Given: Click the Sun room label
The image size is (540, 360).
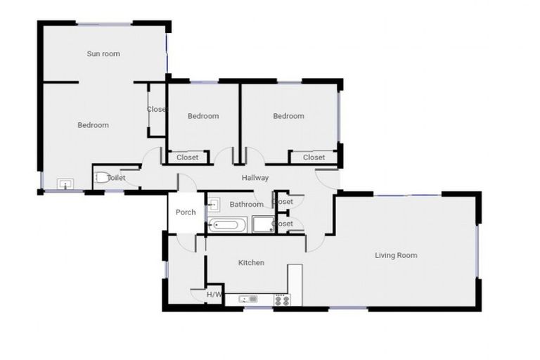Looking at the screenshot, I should [x=103, y=53].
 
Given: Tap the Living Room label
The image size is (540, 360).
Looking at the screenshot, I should [x=396, y=255].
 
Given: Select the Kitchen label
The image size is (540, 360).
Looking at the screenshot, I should [x=251, y=263].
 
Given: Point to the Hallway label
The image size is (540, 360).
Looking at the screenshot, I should [x=255, y=178].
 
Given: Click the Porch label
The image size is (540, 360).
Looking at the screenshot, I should [x=186, y=212].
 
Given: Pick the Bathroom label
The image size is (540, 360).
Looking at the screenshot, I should [x=247, y=205].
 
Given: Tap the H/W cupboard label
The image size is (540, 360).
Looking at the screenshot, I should [x=214, y=294].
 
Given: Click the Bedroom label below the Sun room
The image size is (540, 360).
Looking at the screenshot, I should [x=93, y=125].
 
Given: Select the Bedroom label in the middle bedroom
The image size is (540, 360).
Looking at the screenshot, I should [x=203, y=116].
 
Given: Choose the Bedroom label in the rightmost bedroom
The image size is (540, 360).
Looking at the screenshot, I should [x=289, y=116].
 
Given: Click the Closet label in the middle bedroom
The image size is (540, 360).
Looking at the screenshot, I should [x=188, y=157].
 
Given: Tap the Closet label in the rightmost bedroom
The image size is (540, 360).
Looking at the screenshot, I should [x=314, y=157].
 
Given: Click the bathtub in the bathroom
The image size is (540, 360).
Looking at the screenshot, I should [x=227, y=226].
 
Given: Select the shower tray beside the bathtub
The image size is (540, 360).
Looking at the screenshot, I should [x=262, y=225].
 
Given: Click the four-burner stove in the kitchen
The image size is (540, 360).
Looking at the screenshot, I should [x=281, y=300].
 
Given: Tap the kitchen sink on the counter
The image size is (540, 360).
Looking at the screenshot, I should [x=247, y=300].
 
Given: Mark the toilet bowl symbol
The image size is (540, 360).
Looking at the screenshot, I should [x=102, y=178].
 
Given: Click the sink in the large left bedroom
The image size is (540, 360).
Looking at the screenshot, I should [x=65, y=184].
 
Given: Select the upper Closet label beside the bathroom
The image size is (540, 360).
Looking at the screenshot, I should [x=284, y=202].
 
